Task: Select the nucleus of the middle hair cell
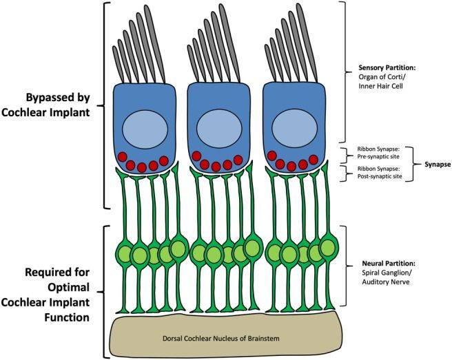pos(220,129)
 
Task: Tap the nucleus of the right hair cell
pos(294,129)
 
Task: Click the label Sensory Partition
pos(389,69)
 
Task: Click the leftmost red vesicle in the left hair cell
pos(121,157)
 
